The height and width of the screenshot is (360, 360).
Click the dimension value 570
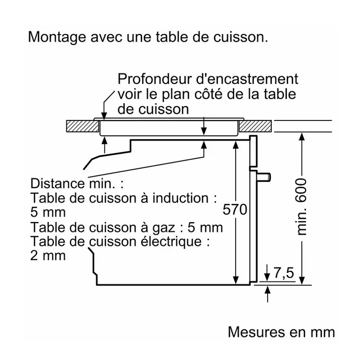235,210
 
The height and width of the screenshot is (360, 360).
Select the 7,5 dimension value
284,274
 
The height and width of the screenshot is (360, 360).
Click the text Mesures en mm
281,332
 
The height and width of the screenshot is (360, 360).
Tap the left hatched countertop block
82,126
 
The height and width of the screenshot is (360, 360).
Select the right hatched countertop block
256,126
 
